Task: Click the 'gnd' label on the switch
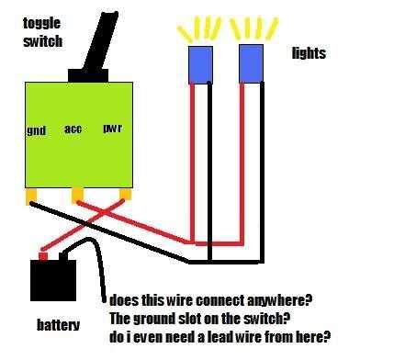(36, 131)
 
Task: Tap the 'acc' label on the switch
(73, 129)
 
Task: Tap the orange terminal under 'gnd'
(31, 195)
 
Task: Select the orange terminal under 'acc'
(78, 195)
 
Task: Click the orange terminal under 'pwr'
(126, 195)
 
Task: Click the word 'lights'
(309, 54)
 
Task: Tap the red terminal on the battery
(41, 254)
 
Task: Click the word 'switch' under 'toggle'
(42, 41)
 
